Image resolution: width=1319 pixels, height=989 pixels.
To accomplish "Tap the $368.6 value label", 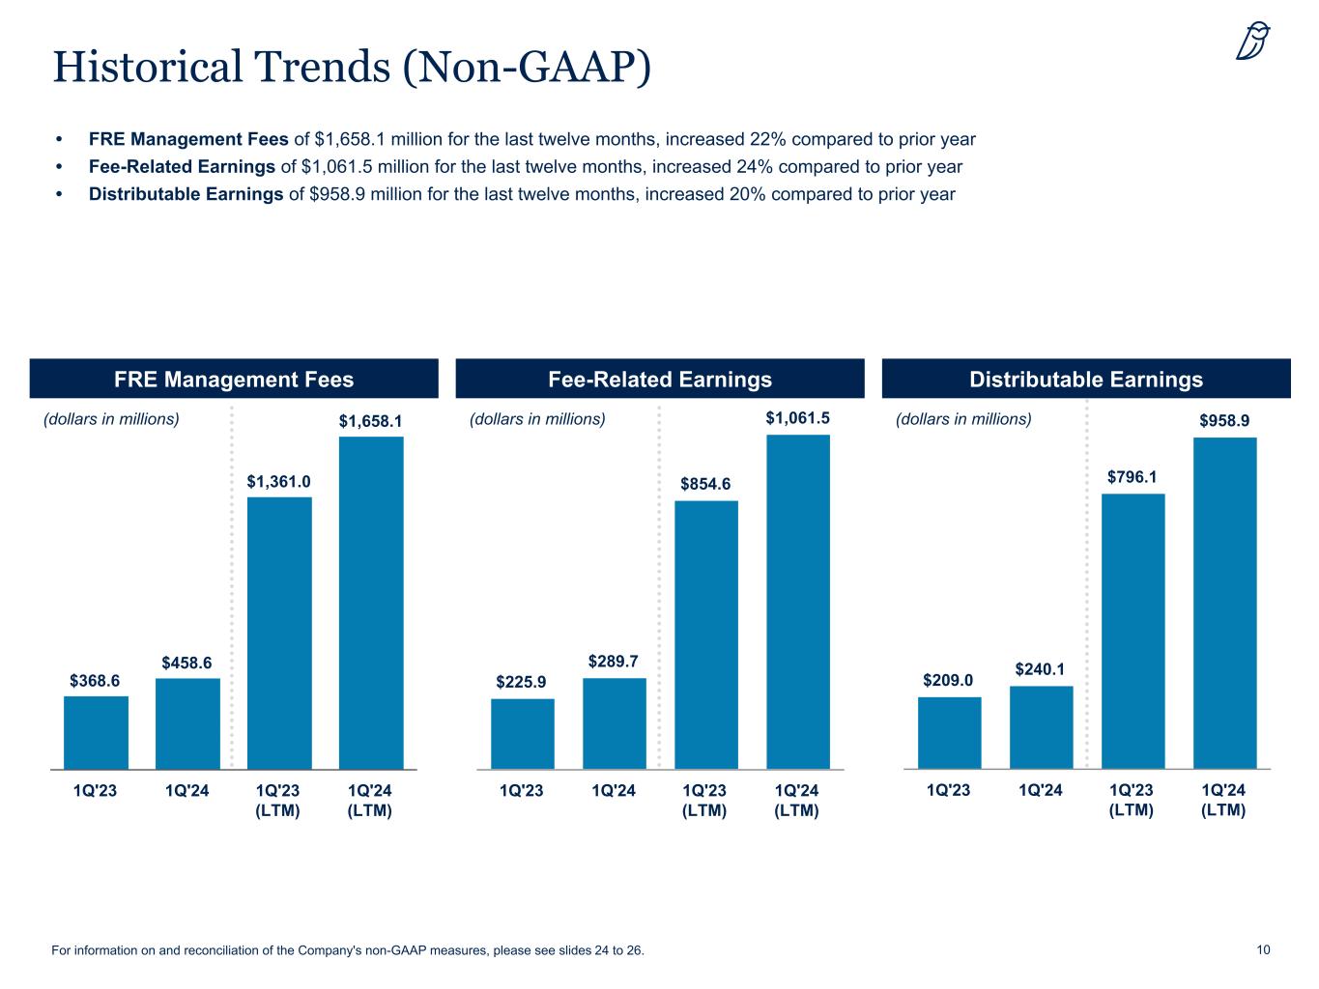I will (95, 681).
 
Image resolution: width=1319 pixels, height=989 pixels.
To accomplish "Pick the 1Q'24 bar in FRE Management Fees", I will (187, 723).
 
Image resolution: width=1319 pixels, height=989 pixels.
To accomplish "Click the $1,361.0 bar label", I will (278, 481).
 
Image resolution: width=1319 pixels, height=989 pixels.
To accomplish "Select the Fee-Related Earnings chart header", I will (660, 380).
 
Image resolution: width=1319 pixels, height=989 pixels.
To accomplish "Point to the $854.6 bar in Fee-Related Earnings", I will (705, 634).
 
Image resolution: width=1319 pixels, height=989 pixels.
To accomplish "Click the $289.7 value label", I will (614, 662).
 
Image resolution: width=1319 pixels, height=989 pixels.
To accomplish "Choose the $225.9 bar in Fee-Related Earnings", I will (523, 733).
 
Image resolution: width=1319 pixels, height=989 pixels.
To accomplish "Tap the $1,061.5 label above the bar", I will (798, 418).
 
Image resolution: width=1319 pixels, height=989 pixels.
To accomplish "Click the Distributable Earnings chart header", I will (1086, 380).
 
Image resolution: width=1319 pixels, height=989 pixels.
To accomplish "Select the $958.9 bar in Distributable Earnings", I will (1224, 603).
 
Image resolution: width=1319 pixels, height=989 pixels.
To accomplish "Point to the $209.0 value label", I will (948, 680).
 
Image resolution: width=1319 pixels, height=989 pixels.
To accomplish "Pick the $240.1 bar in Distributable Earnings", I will (1041, 726).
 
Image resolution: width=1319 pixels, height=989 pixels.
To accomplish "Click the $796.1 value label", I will (1132, 476).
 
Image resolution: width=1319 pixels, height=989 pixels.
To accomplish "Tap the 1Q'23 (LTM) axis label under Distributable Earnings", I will (1132, 801).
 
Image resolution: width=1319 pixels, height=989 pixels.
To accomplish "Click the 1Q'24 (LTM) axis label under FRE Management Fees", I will (370, 801).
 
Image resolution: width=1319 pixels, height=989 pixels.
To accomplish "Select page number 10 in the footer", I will (1263, 950).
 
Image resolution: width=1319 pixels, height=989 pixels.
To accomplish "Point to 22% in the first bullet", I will (765, 139).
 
